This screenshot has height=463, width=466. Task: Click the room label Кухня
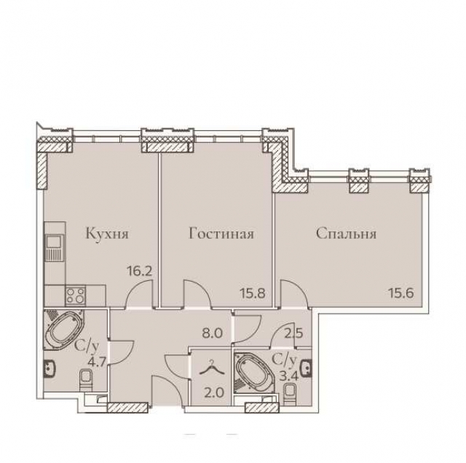click(107, 234)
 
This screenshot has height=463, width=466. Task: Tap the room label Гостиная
click(221, 234)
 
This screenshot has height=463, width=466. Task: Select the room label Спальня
click(347, 234)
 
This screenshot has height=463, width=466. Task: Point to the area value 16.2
click(139, 271)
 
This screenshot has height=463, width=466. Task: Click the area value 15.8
click(253, 293)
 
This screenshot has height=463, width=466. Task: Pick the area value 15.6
click(401, 293)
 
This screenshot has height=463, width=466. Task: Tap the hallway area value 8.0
click(212, 333)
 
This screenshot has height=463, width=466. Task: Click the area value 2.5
click(293, 333)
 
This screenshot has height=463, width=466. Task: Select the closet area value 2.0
click(214, 393)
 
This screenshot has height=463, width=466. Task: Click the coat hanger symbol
click(211, 368)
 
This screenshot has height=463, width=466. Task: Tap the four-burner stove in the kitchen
click(76, 295)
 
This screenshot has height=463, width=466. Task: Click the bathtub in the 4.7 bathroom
click(65, 328)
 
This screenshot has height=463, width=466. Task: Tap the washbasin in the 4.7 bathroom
click(49, 369)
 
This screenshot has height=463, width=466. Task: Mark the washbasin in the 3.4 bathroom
click(307, 368)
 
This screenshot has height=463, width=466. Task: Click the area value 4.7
click(98, 363)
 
